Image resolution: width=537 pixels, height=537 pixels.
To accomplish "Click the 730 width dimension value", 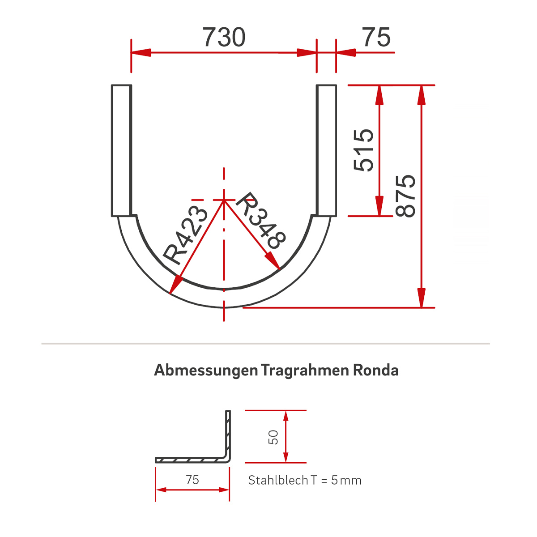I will [224, 37].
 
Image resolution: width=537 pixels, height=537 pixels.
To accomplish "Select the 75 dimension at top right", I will [376, 37].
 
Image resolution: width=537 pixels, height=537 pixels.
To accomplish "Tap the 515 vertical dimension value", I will [364, 150].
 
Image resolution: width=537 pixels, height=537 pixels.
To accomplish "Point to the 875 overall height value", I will [406, 196].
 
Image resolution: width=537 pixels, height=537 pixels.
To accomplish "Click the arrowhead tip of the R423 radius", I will [171, 293].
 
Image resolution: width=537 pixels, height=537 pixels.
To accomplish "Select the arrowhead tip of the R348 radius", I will [279, 269].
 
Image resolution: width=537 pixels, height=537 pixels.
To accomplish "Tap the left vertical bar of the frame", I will [121, 150].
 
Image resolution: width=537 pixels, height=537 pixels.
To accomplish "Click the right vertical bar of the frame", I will [326, 150].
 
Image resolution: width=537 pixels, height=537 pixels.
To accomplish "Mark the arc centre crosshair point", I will [224, 200].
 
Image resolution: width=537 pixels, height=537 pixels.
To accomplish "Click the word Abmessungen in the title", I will [206, 371].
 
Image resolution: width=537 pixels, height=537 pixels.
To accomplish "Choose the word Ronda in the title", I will [375, 371].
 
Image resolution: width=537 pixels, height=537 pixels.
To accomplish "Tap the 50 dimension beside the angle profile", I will [273, 437].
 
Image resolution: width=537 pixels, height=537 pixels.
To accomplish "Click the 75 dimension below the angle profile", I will [192, 480].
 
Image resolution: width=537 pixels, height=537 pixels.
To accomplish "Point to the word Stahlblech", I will [278, 480].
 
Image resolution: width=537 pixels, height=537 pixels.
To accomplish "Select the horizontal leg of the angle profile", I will [190, 460].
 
